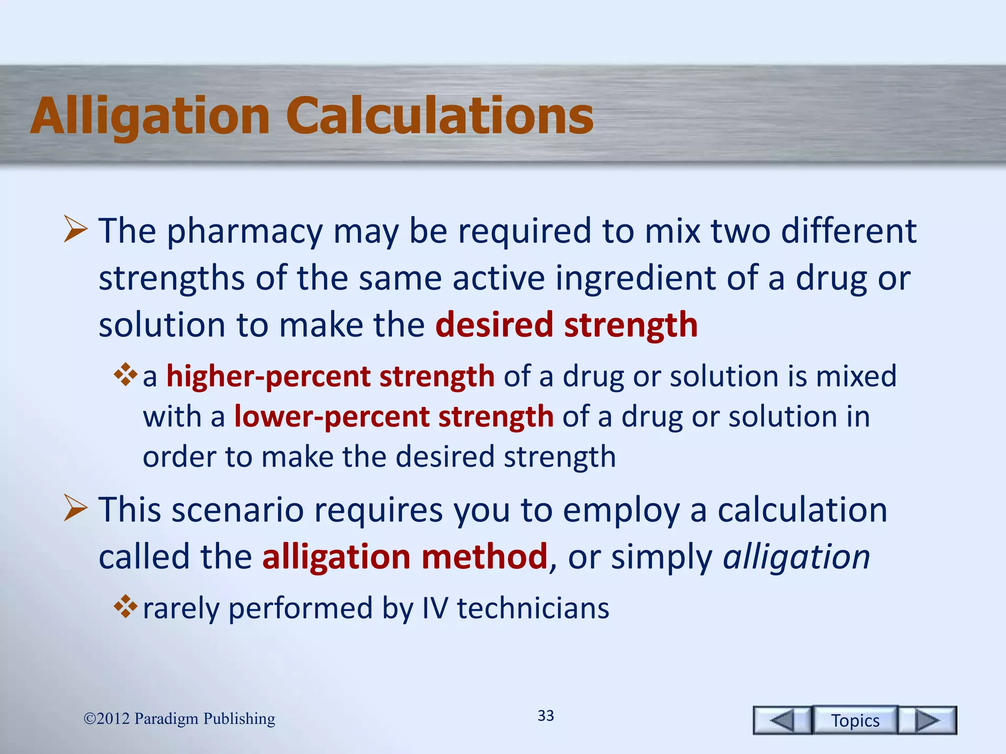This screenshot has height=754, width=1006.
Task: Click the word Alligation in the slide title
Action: pos(150,116)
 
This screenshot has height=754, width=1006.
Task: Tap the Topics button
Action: pos(855,720)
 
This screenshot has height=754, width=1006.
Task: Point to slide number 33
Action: pos(546,715)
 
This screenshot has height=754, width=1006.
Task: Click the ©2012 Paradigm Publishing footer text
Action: pos(179,719)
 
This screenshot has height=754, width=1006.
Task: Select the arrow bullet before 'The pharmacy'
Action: pos(75,231)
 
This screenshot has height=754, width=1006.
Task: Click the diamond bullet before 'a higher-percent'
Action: pos(125,375)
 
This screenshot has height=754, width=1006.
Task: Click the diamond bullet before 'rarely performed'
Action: pos(125,606)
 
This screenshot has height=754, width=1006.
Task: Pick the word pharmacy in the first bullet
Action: pos(245,232)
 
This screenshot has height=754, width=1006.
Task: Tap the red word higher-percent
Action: pos(268,377)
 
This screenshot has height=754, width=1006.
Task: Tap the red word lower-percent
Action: pos(332,417)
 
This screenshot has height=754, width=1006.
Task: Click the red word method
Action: pos(484,557)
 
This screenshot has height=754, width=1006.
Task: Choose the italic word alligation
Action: pos(796,558)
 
